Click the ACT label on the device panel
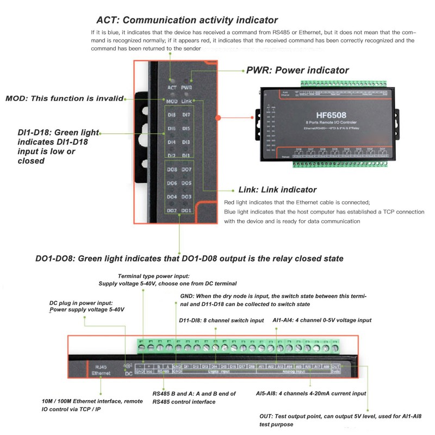pos(172,87)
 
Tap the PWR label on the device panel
pos(187,87)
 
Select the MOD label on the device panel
pos(172,101)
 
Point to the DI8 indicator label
pos(172,115)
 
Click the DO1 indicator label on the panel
pos(186,210)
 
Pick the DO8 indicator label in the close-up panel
pos(172,170)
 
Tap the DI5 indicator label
pos(186,129)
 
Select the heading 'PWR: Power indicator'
pos(297,70)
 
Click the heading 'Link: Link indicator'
pos(277,190)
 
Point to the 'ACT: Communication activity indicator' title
pos(187,21)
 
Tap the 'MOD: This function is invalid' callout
pos(64,98)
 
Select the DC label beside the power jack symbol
pos(129,374)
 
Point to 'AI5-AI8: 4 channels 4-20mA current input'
pos(310,393)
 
